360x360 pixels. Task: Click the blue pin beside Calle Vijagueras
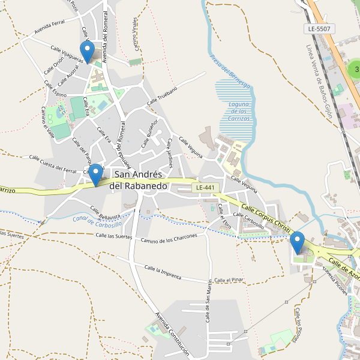(x=88, y=52)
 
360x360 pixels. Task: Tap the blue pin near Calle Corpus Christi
(x=297, y=242)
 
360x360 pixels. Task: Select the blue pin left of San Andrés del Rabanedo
(x=95, y=175)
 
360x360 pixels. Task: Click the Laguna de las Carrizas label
(x=238, y=111)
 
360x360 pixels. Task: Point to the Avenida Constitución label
(x=172, y=334)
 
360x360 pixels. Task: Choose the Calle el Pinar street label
(x=228, y=280)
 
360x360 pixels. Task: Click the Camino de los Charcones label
(x=169, y=241)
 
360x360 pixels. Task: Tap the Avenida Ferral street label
(x=49, y=26)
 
